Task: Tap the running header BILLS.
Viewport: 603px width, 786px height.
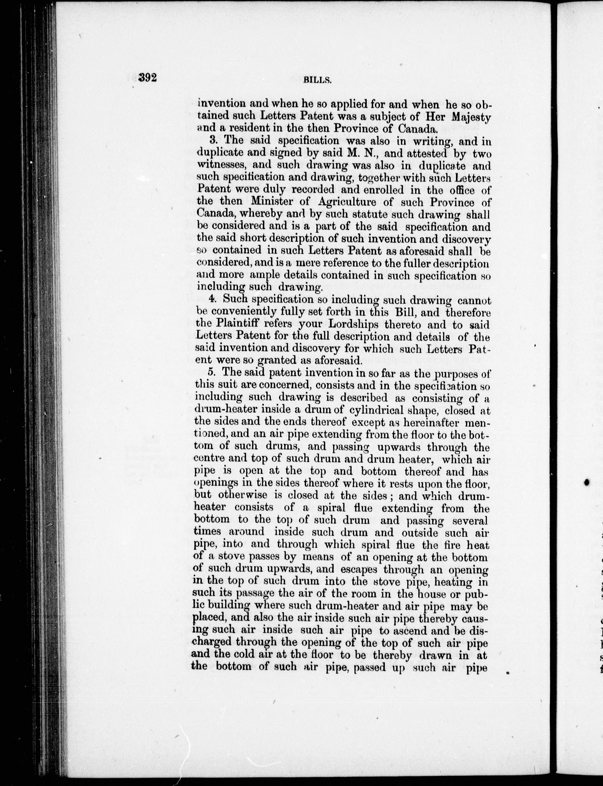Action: pos(317,80)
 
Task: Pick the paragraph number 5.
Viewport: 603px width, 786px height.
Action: pos(211,372)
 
